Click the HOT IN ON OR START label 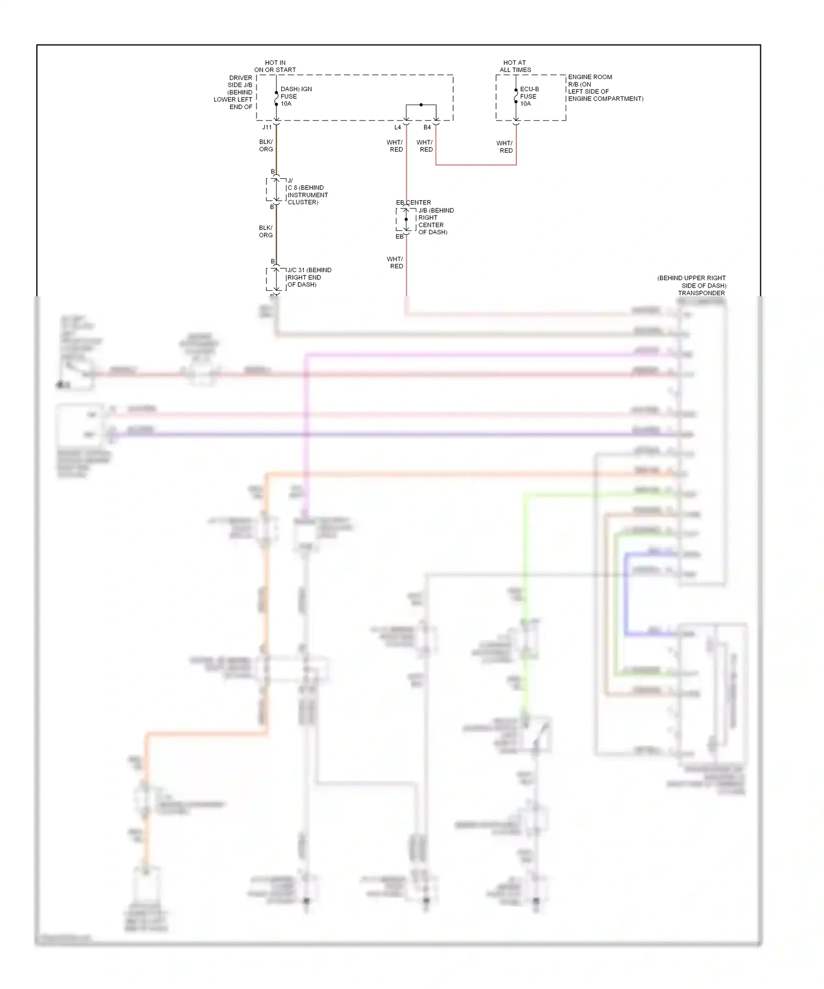(x=275, y=67)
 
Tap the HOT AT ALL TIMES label (x=515, y=67)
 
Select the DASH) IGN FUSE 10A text (x=296, y=96)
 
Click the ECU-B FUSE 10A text (x=529, y=96)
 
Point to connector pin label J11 (x=267, y=128)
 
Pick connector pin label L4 (x=398, y=128)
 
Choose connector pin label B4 (x=427, y=128)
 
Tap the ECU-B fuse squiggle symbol (x=516, y=96)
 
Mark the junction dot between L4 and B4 (x=421, y=104)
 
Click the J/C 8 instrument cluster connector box (x=276, y=190)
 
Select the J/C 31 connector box (x=276, y=279)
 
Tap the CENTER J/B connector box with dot (x=406, y=220)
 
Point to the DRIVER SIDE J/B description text (x=234, y=92)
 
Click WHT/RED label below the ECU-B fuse (x=505, y=147)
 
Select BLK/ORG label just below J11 (x=266, y=146)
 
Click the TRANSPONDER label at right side (x=701, y=293)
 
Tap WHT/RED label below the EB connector (x=395, y=263)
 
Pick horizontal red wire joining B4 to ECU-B (x=476, y=164)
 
